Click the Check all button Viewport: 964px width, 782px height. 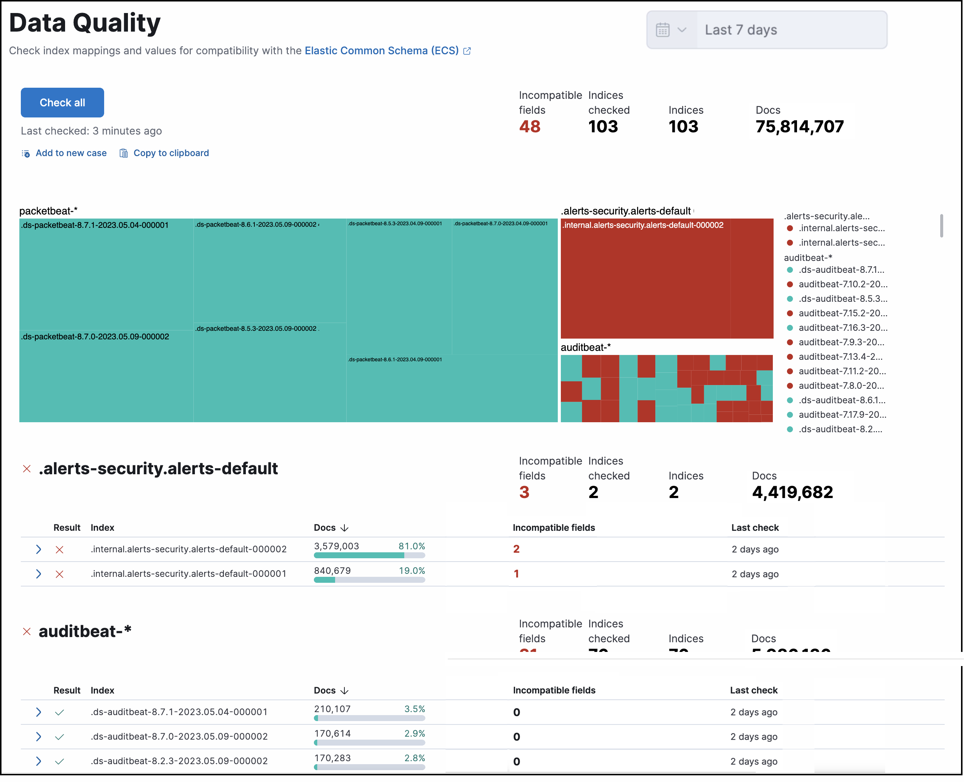coord(62,103)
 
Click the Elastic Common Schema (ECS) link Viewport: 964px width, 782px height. coord(382,51)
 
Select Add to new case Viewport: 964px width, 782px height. coord(71,153)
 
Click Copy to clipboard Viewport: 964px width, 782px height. coord(171,153)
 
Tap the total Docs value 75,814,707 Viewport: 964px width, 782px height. coord(800,127)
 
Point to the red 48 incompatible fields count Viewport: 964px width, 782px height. coord(530,127)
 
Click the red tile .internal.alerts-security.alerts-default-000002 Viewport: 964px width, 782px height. coord(667,279)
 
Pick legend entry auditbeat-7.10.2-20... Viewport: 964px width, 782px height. coord(842,284)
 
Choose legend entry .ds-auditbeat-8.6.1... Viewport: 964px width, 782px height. coord(841,400)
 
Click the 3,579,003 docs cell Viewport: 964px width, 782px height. coord(337,546)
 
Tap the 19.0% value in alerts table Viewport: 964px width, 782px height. coord(411,571)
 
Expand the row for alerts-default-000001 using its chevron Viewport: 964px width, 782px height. coord(39,574)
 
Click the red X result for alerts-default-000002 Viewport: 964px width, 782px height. coord(60,550)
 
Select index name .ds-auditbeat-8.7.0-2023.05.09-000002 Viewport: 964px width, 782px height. coord(179,737)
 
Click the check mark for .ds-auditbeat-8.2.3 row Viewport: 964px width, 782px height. coord(60,761)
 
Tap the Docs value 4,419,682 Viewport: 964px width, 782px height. coord(792,492)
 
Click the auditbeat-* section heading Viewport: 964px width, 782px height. coord(85,631)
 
